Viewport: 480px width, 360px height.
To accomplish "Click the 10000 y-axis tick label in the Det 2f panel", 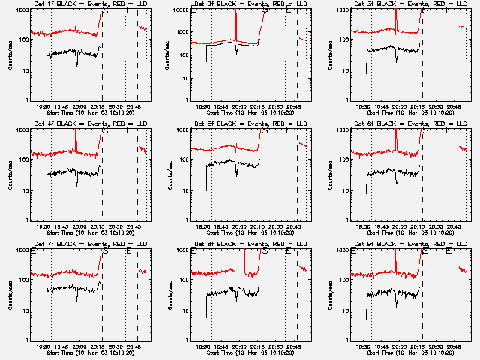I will (x=179, y=10).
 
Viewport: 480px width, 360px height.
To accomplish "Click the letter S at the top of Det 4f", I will (x=104, y=130).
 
